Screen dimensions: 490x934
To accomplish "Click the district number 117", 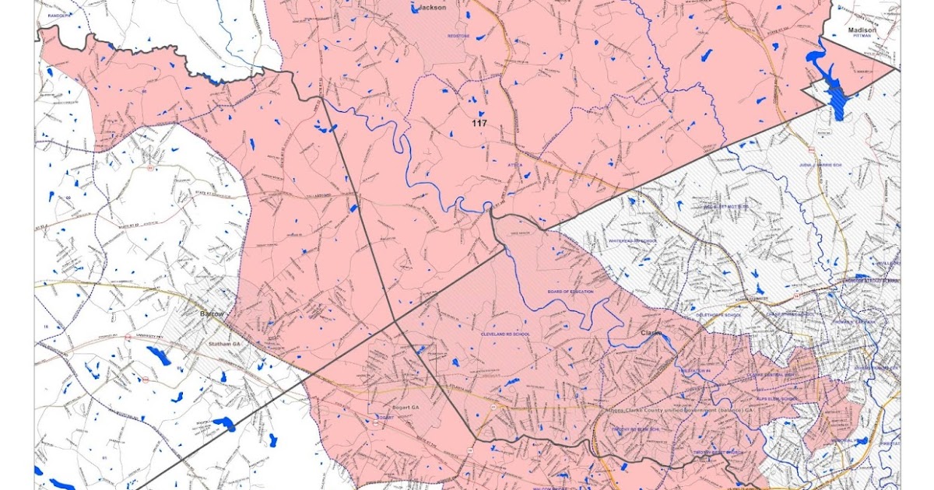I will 478,123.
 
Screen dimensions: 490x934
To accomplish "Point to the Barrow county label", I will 212,313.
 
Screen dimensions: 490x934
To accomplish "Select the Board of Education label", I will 570,292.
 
